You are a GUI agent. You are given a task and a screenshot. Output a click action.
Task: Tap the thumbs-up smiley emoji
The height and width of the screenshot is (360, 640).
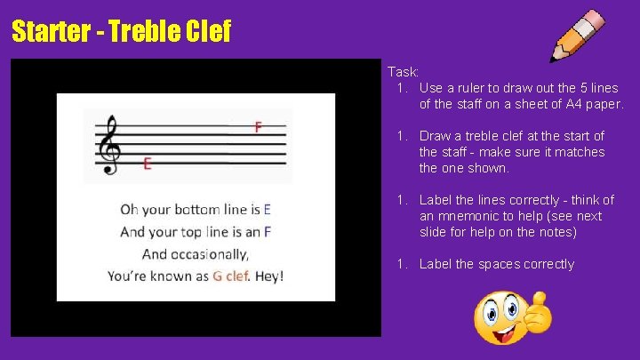tap(512, 317)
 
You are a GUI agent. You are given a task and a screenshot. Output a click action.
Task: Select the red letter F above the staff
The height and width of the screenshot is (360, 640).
tap(258, 127)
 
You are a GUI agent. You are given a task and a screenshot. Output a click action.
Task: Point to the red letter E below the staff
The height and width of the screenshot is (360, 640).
tap(147, 164)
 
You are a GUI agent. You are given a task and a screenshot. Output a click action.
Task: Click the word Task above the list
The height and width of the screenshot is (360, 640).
tap(403, 72)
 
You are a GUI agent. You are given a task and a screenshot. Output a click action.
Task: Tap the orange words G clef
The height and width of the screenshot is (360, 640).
tap(231, 276)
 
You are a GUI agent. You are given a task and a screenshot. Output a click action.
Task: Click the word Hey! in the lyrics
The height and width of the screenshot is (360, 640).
tap(269, 276)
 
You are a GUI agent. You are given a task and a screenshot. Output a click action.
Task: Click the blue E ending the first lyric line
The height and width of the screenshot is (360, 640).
tap(267, 210)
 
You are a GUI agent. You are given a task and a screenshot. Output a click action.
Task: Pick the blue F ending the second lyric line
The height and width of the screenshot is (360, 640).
tap(267, 232)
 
